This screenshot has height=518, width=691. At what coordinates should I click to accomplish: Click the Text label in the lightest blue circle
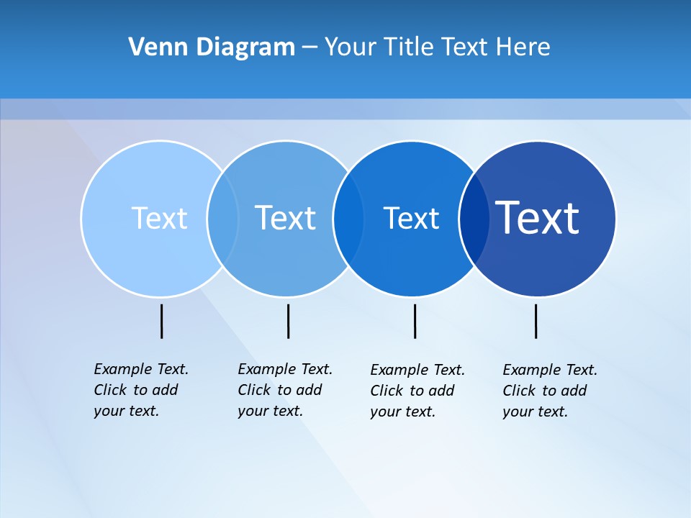(159, 218)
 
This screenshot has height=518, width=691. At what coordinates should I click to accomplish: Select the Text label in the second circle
(285, 218)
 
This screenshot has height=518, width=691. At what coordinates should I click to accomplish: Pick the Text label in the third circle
(411, 218)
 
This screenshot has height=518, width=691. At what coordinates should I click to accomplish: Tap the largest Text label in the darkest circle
(537, 218)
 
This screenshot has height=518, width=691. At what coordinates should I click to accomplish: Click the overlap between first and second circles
(222, 218)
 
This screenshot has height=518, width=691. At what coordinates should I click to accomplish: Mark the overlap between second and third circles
(348, 218)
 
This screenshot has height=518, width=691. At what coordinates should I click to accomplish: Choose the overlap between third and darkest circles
(474, 218)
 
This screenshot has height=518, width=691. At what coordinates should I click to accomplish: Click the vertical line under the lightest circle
(161, 321)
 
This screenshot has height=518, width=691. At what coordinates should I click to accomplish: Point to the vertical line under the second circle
(288, 321)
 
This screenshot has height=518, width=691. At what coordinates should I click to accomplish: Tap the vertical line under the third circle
(415, 321)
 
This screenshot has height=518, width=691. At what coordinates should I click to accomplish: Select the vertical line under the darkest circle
(536, 321)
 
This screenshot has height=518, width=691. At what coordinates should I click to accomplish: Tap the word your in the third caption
(386, 412)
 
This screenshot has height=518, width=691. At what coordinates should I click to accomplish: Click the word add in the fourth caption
(574, 391)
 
